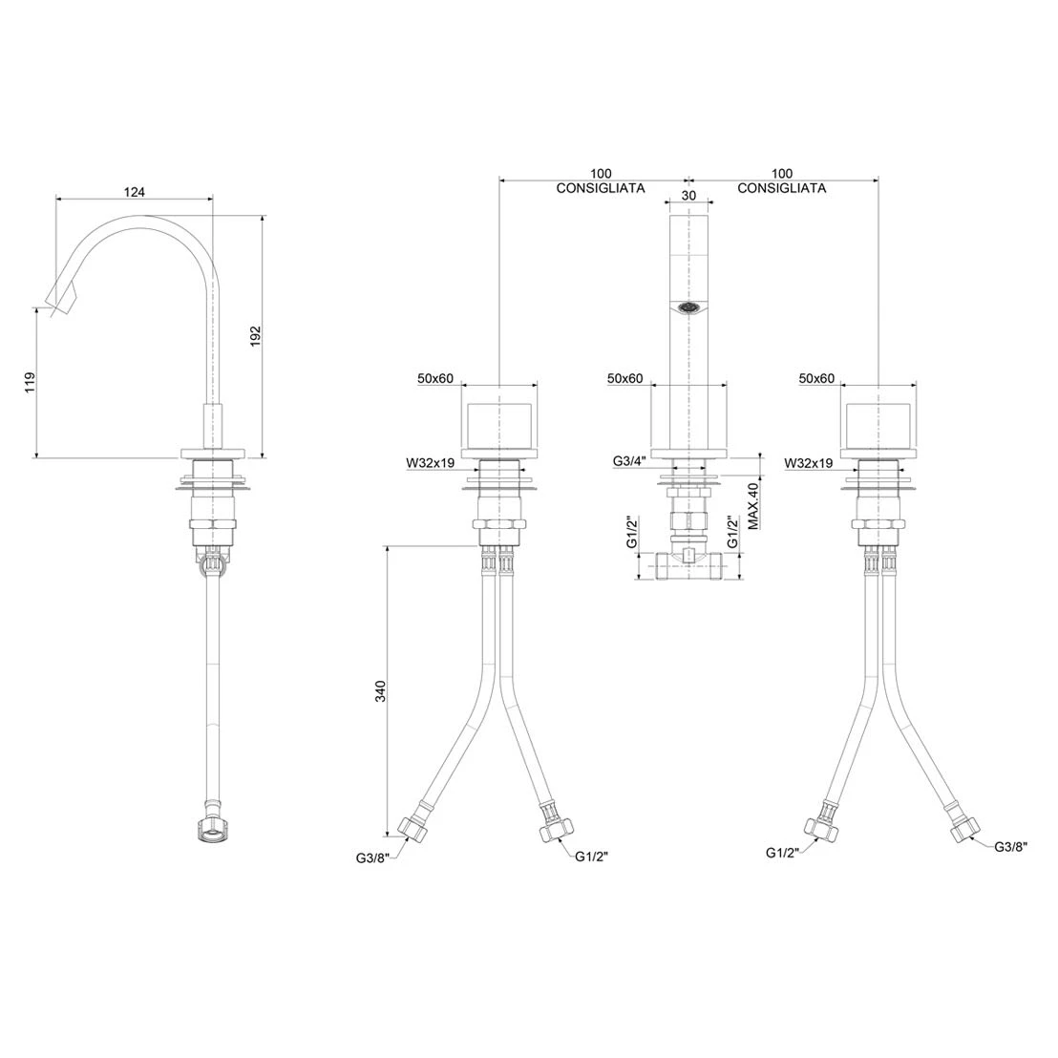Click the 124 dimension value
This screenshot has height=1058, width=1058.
135,192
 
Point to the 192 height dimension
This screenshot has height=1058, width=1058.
256,336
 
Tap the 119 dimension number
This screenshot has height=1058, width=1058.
30,383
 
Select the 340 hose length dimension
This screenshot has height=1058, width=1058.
381,691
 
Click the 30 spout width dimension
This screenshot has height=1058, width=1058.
688,196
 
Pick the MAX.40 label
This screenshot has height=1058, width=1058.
753,505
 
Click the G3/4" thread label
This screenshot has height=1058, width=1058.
629,461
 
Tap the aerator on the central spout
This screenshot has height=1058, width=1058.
688,308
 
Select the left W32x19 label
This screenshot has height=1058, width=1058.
431,463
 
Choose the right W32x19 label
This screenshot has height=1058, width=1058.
809,463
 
